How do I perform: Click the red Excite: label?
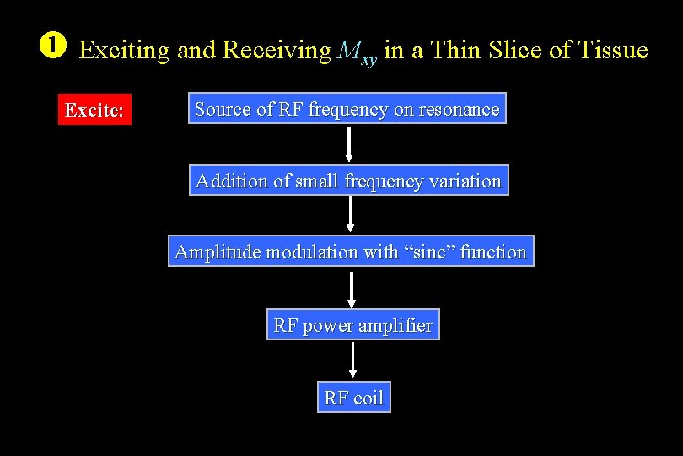coord(94,111)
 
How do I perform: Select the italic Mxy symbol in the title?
coord(357,52)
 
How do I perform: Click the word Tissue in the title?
coord(613,51)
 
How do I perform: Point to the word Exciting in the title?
coord(124,51)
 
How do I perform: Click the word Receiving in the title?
coord(277,51)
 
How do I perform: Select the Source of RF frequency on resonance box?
coord(347,109)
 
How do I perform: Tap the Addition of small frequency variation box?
coord(348,181)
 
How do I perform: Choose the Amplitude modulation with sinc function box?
coord(350,252)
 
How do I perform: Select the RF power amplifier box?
coord(352,325)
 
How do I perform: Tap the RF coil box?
coord(353,398)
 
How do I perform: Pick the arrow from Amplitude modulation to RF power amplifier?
coord(352,289)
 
